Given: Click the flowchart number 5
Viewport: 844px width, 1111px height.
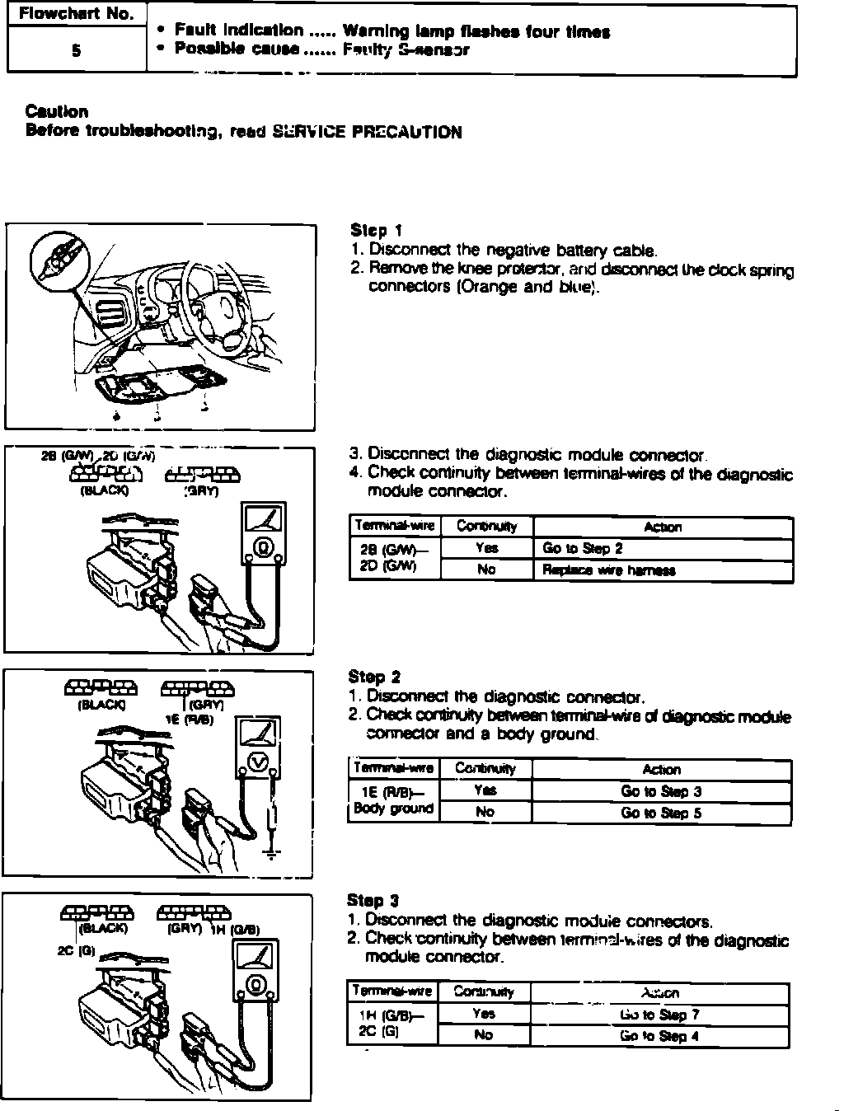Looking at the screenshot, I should coord(76,50).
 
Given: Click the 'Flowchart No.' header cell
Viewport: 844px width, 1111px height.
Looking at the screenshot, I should coord(76,15).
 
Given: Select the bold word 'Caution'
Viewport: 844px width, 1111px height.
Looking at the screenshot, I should coord(57,111).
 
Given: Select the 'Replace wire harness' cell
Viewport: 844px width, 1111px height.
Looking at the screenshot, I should coord(609,570).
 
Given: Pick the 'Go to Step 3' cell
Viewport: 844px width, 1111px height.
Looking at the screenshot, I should coord(661,791).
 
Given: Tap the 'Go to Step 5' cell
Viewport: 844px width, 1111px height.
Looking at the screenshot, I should coord(661,813).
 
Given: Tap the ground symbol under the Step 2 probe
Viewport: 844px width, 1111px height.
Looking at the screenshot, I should coord(273,851).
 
